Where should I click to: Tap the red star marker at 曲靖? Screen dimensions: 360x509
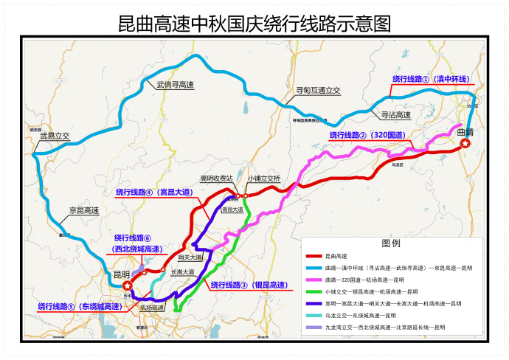tap(465, 145)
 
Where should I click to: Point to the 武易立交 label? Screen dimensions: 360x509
tap(55, 136)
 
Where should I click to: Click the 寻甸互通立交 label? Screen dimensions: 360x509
tap(318, 90)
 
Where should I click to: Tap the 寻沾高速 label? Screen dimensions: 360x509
tap(395, 115)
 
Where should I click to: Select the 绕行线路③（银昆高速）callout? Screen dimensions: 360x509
tap(249, 285)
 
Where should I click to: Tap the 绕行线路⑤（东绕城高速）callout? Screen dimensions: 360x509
tap(79, 306)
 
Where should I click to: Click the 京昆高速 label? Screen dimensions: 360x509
tap(84, 211)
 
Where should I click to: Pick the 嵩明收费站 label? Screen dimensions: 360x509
tap(216, 179)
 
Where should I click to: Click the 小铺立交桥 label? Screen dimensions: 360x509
tap(264, 179)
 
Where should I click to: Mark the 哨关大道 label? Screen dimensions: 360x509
tap(190, 257)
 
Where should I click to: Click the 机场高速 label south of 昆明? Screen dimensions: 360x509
tap(150, 307)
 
